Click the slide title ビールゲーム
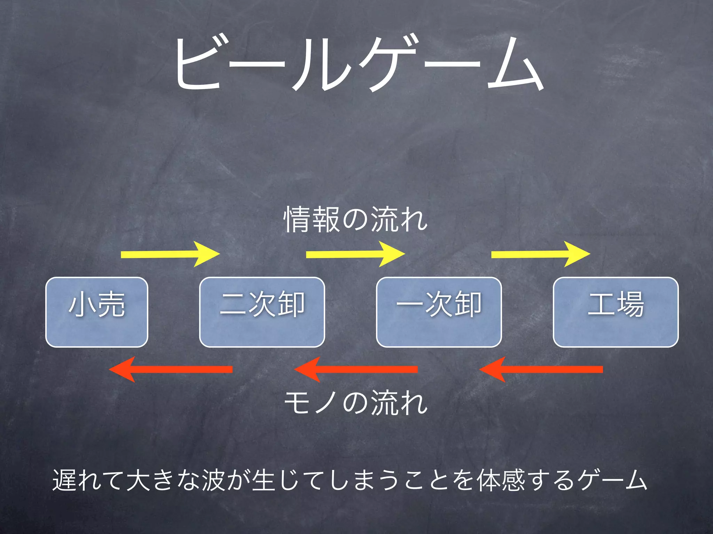359,64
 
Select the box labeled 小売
97,312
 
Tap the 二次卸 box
262,312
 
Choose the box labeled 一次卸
439,312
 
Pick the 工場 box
616,312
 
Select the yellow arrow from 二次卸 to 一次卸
355,254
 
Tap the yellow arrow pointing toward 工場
540,254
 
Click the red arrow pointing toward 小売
171,369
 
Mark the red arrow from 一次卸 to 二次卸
356,369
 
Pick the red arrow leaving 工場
541,369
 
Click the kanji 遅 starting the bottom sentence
64,480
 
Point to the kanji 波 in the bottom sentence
213,480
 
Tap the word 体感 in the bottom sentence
501,480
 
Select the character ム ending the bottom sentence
636,480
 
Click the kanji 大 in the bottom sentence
138,480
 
